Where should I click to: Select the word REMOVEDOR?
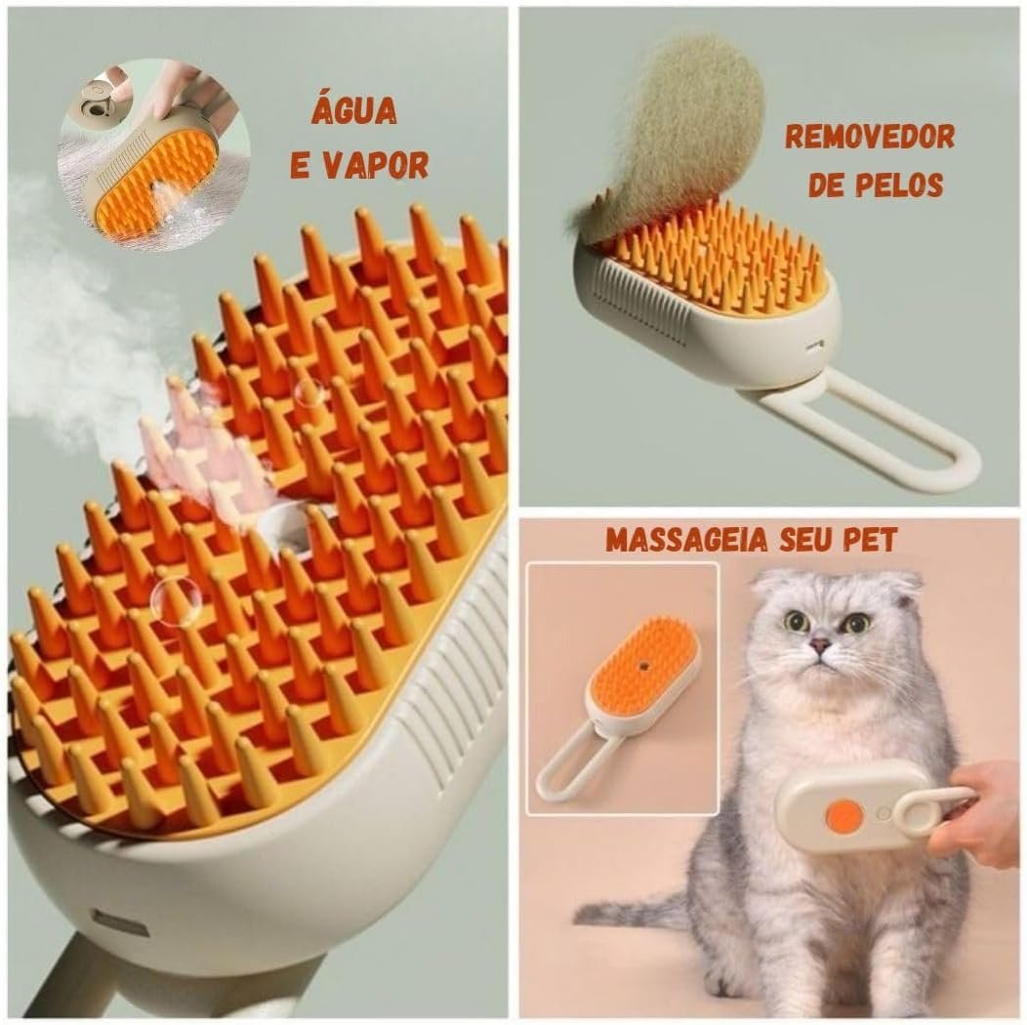pyautogui.click(x=870, y=137)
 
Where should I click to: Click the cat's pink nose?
pyautogui.click(x=819, y=643)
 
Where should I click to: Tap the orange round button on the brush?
pyautogui.click(x=843, y=815)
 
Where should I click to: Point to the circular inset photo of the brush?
pyautogui.click(x=153, y=156)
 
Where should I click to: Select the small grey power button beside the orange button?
pyautogui.click(x=882, y=813)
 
